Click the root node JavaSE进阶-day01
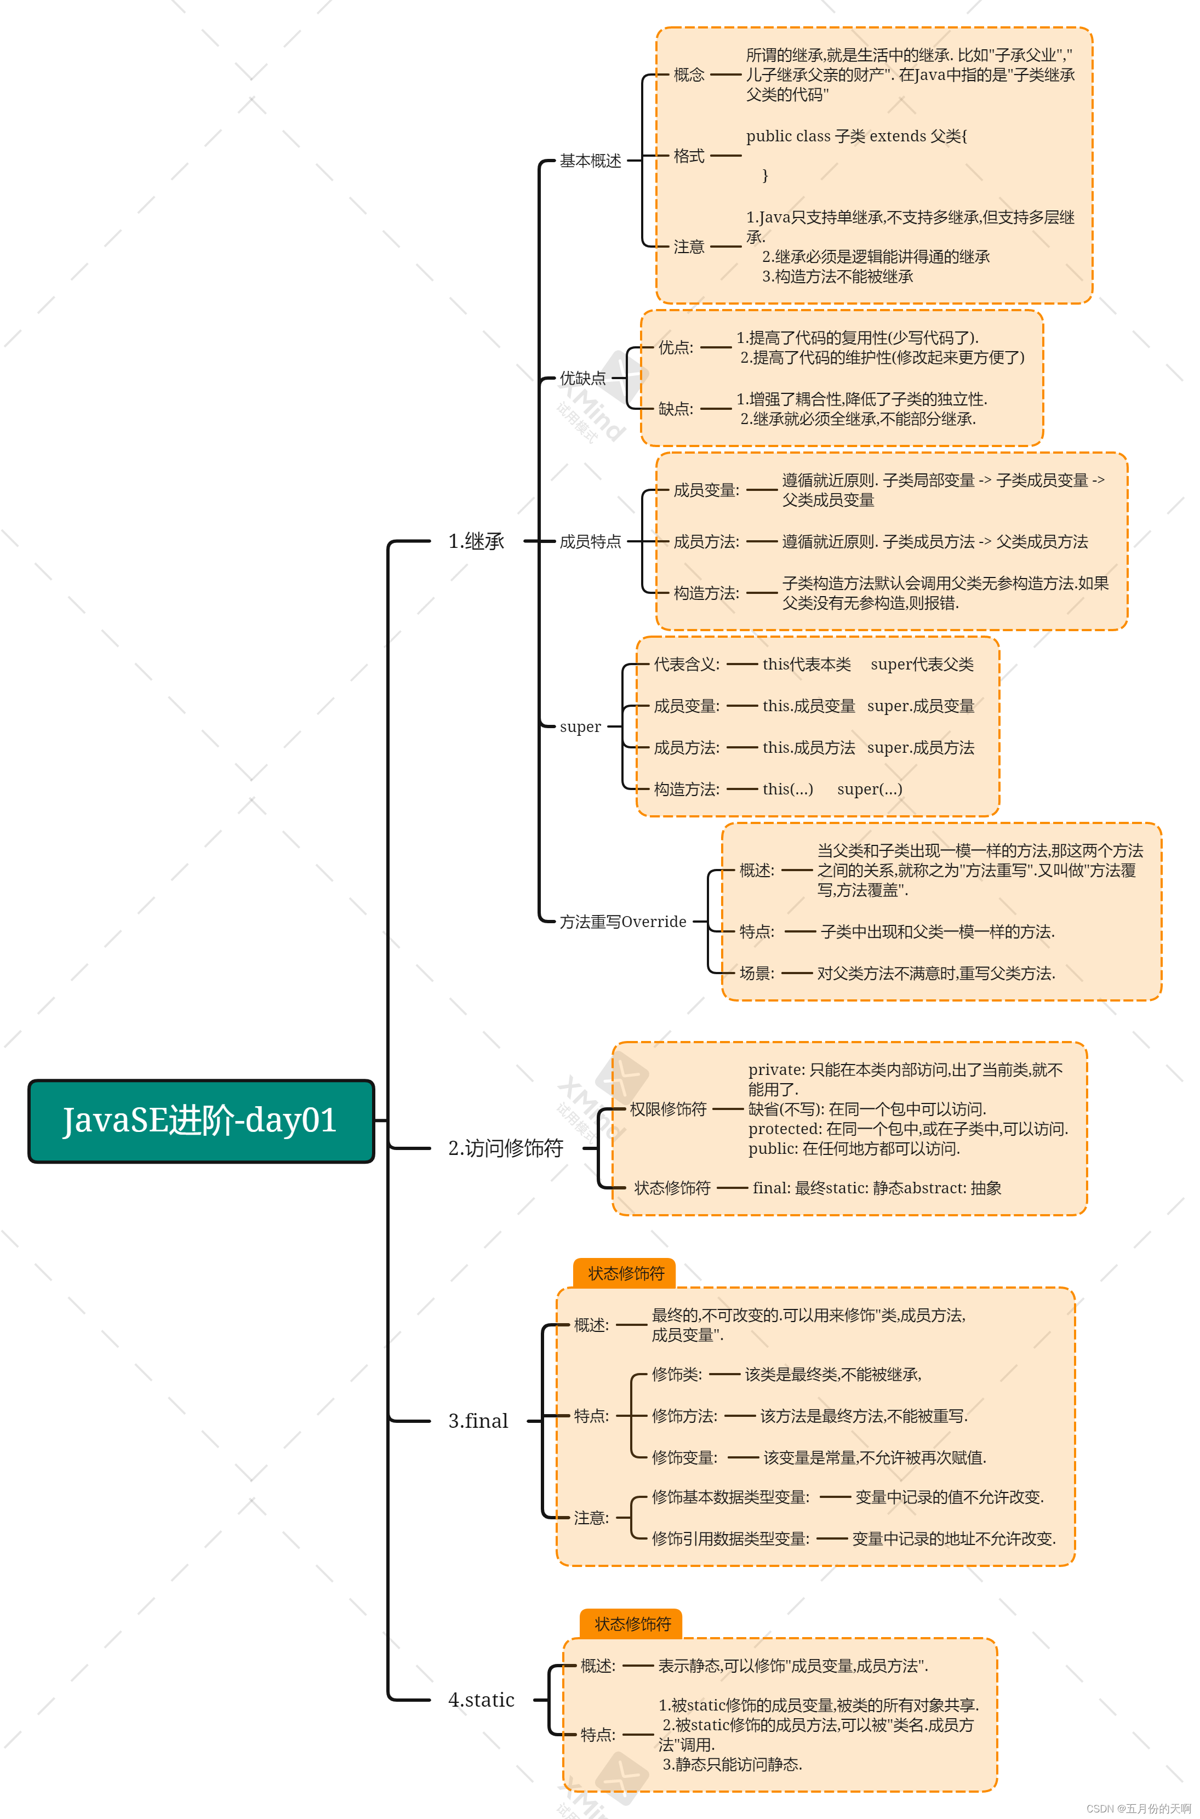tap(201, 1120)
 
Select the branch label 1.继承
tap(476, 541)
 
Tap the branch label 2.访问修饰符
tap(505, 1148)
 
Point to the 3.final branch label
tap(478, 1421)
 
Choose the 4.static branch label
tap(481, 1700)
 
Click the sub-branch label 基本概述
tap(590, 161)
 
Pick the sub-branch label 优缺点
tap(582, 378)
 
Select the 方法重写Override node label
tap(622, 922)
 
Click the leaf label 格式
tap(689, 156)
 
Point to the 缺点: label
tap(675, 409)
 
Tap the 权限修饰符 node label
tap(667, 1109)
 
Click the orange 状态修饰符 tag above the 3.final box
tap(625, 1273)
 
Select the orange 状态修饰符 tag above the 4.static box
tap(632, 1624)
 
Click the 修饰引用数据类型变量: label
tap(730, 1538)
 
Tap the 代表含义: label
tap(685, 664)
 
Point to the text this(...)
tap(787, 789)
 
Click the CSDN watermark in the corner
tap(1138, 1808)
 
